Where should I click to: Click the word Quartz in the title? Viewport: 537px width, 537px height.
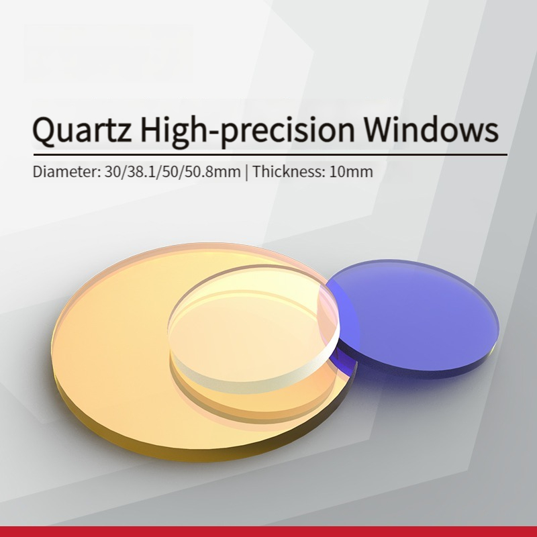[82, 130]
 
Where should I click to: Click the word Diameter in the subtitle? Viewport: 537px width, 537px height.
[66, 171]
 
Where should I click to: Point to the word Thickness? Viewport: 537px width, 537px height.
[289, 171]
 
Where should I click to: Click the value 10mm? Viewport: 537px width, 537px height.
[351, 171]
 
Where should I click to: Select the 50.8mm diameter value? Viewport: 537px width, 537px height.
[213, 171]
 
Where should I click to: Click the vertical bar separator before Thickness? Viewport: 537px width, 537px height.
[246, 172]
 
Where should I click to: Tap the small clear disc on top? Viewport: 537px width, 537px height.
[254, 329]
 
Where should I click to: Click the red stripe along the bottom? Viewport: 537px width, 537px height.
[268, 532]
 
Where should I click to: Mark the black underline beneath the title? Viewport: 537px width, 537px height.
[271, 155]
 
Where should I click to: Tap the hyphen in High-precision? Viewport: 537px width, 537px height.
[213, 132]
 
